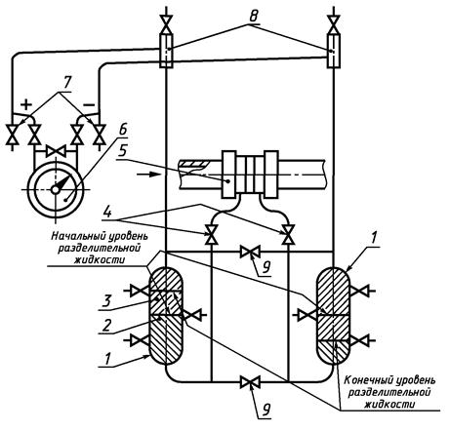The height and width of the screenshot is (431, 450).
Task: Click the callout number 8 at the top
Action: (254, 17)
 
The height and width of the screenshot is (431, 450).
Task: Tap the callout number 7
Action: (66, 83)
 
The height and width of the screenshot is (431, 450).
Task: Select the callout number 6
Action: (122, 130)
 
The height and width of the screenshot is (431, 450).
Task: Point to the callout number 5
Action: (122, 152)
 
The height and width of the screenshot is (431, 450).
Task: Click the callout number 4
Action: (107, 213)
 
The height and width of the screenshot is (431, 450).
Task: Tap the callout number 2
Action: (106, 325)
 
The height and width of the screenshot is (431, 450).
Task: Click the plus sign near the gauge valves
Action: (26, 104)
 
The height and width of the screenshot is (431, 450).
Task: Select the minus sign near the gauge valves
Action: (89, 104)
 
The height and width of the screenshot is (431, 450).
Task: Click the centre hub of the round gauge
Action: (55, 189)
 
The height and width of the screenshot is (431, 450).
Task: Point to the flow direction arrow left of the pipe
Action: (149, 175)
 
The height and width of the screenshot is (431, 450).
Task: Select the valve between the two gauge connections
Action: (56, 151)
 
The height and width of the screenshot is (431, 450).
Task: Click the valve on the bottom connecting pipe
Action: (250, 382)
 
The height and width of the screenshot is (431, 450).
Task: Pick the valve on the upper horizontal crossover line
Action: (250, 252)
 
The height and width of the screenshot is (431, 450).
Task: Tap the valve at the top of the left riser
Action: (166, 23)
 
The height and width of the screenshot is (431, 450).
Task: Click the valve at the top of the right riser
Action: (334, 24)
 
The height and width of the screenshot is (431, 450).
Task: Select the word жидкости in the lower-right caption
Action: (389, 405)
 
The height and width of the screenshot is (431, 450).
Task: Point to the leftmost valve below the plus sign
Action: (13, 135)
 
